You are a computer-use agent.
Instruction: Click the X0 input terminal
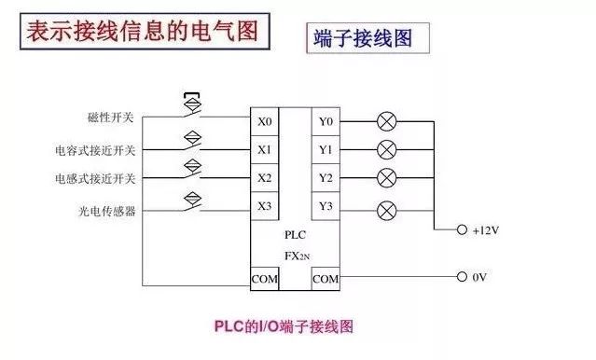pyautogui.click(x=265, y=121)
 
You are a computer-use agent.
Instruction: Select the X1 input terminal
pyautogui.click(x=265, y=149)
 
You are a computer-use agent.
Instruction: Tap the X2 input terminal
pyautogui.click(x=265, y=177)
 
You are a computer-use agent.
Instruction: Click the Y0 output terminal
pyautogui.click(x=326, y=121)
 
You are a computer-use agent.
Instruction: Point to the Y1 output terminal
pyautogui.click(x=326, y=149)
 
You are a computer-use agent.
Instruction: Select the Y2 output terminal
pyautogui.click(x=326, y=177)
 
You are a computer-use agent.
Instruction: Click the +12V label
pyautogui.click(x=489, y=229)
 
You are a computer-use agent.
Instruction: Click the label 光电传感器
pyautogui.click(x=107, y=211)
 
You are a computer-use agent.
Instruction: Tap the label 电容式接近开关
pyautogui.click(x=95, y=149)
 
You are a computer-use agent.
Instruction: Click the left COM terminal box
pyautogui.click(x=265, y=278)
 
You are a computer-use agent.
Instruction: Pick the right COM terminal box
pyautogui.click(x=326, y=278)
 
